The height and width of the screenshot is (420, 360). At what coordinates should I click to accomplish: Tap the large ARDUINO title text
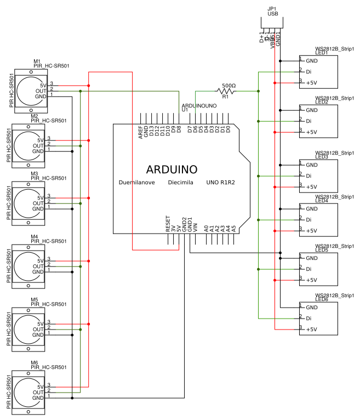point(172,169)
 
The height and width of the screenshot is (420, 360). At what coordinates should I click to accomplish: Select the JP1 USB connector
point(272,22)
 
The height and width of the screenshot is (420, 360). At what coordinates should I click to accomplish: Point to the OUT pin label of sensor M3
point(38,203)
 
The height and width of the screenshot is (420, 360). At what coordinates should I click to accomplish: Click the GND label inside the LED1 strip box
point(312,61)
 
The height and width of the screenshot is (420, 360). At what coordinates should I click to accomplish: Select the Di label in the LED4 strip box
point(308,220)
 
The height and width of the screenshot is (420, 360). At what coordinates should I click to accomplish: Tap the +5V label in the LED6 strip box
point(311,330)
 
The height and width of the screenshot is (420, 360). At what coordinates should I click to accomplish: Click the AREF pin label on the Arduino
point(141,133)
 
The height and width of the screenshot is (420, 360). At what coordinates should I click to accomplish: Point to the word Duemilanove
point(136,183)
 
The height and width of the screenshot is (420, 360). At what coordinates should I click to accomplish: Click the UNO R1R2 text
point(220,183)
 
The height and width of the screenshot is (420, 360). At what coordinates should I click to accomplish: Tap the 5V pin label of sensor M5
point(40,323)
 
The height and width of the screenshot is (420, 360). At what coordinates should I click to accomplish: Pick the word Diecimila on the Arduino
point(180,183)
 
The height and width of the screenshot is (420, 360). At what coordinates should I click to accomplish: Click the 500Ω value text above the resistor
point(228,86)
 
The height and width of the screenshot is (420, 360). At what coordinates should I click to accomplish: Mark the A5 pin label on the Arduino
point(234,227)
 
